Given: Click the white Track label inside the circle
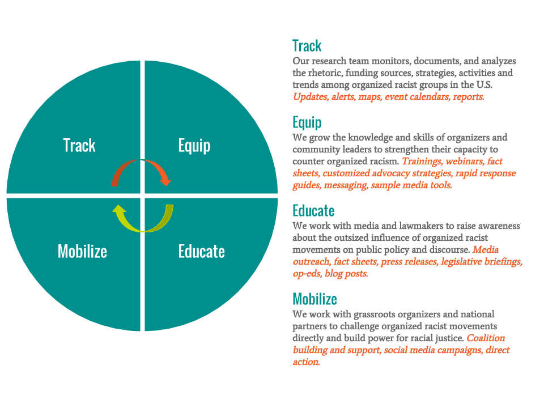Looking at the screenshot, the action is pos(79,146).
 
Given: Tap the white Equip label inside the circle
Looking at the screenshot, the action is pos(194,146).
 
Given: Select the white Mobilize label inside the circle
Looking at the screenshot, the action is pos(82,251).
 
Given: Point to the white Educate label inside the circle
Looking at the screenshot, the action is pos(202,251).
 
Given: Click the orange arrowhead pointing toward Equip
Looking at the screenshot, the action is pos(165,181).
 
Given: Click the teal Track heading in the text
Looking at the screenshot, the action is pos(307,46).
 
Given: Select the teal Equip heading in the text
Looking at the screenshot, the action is pos(307,123).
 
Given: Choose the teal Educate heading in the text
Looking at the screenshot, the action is pos(313,211).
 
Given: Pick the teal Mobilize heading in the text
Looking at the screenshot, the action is pos(314,299).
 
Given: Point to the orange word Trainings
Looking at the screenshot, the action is pos(422,161).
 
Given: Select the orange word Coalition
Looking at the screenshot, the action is pos(486,338).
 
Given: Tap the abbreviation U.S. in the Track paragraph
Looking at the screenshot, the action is pos(484,84).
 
